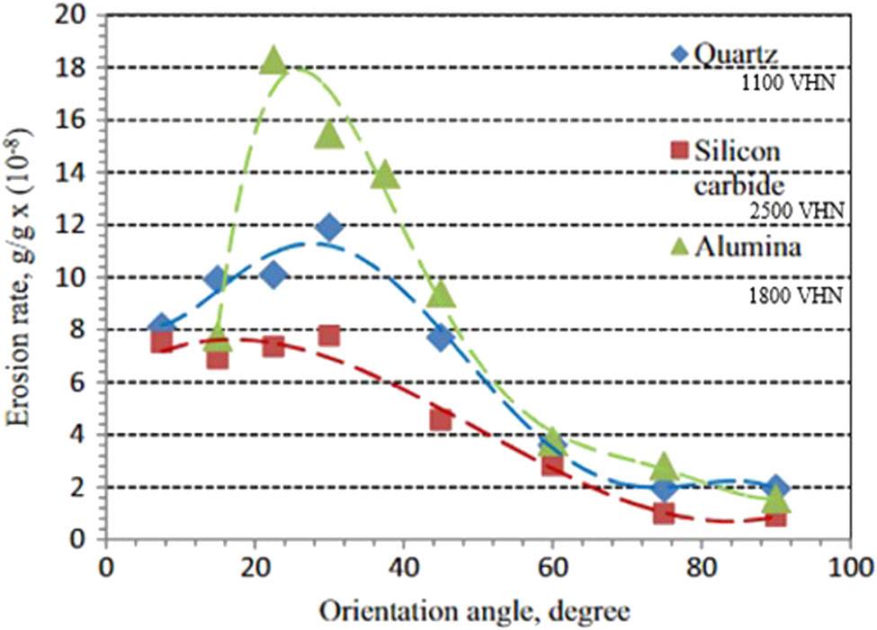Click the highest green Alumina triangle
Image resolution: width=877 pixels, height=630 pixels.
click(274, 61)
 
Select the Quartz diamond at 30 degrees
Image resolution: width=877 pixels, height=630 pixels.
click(329, 227)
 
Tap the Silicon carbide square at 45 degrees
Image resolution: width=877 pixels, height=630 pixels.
click(441, 419)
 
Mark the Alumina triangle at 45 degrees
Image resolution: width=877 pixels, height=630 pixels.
click(441, 294)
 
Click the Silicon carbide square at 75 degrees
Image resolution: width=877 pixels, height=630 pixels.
click(664, 513)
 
